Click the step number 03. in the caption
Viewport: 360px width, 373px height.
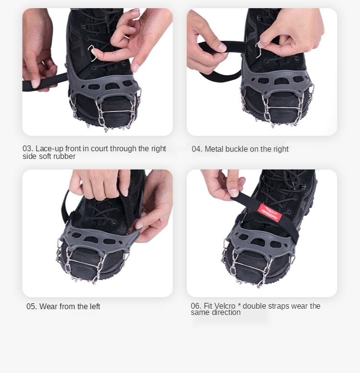click(x=28, y=148)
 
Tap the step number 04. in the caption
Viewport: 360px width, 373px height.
click(x=197, y=149)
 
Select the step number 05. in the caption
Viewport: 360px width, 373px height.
click(x=32, y=306)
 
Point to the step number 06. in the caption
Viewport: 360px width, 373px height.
click(x=196, y=306)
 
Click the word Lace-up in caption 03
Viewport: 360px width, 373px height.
click(x=50, y=149)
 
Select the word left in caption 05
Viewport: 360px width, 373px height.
click(x=95, y=306)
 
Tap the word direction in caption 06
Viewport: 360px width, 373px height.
click(x=225, y=313)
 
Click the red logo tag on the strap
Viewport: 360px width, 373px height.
click(x=270, y=212)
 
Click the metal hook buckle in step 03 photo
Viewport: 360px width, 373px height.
click(x=92, y=53)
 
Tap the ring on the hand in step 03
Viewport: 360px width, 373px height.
click(x=127, y=36)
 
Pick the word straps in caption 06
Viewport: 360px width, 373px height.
click(x=277, y=306)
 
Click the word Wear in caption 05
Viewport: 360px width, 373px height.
click(x=49, y=306)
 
